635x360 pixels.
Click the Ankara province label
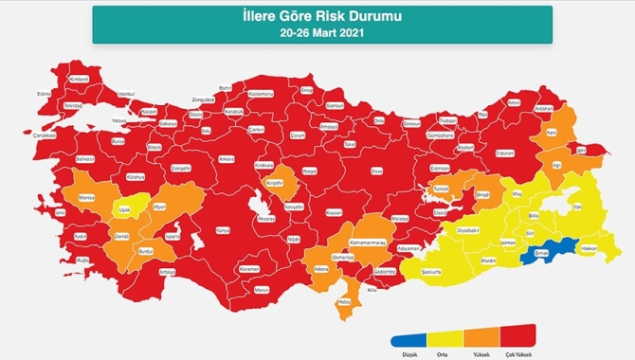pyautogui.click(x=226, y=158)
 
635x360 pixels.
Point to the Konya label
pyautogui.click(x=224, y=230)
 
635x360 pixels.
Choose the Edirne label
pyautogui.click(x=43, y=94)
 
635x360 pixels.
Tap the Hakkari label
pyautogui.click(x=589, y=248)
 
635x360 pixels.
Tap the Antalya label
pyautogui.click(x=169, y=272)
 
